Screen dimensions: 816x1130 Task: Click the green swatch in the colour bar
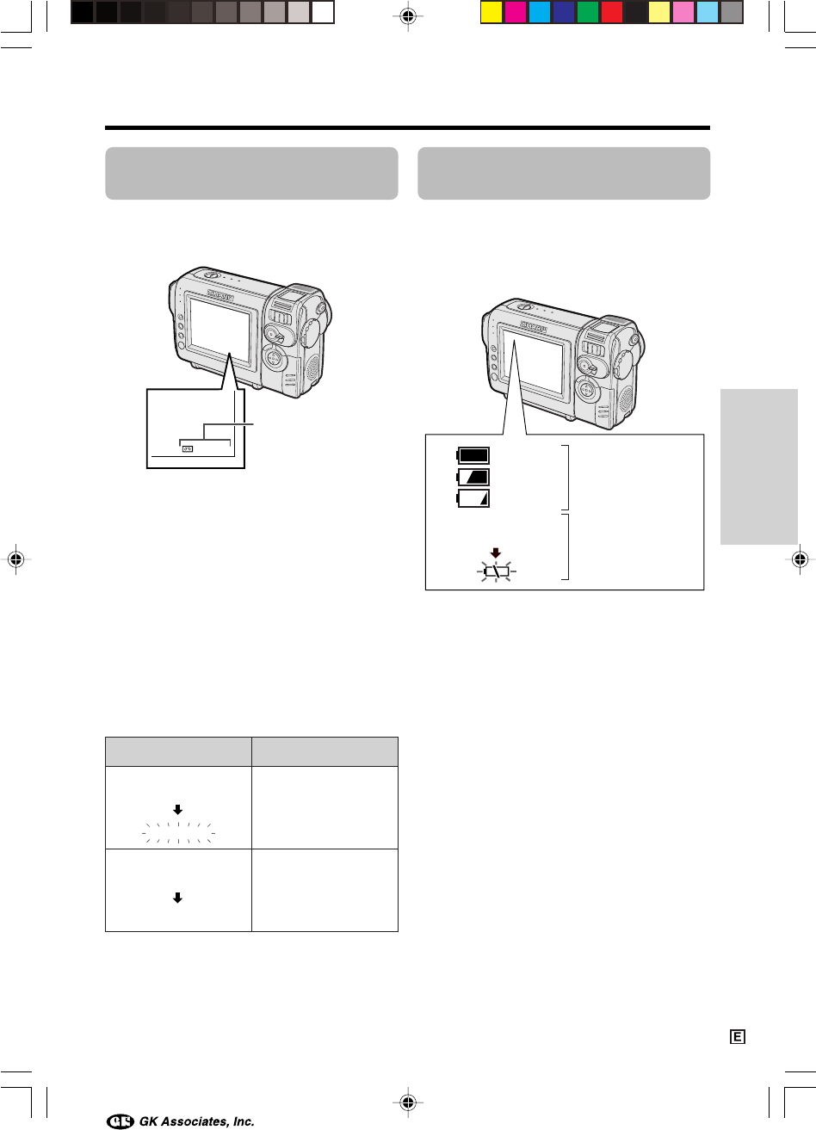pyautogui.click(x=587, y=12)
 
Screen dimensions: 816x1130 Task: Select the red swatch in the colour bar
pyautogui.click(x=612, y=12)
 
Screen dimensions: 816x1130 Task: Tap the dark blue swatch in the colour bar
pyautogui.click(x=564, y=12)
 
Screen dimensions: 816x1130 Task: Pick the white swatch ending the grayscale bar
pyautogui.click(x=323, y=12)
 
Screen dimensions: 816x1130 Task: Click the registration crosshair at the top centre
pyautogui.click(x=408, y=16)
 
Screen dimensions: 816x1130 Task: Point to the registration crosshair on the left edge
pyautogui.click(x=15, y=559)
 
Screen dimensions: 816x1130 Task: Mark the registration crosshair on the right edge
pyautogui.click(x=800, y=559)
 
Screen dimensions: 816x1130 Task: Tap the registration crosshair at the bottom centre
pyautogui.click(x=408, y=1102)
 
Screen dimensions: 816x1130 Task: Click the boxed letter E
pyautogui.click(x=738, y=1037)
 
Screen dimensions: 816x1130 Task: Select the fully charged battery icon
pyautogui.click(x=473, y=455)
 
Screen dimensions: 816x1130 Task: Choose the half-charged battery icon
pyautogui.click(x=473, y=477)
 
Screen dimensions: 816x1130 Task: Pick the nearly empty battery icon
pyautogui.click(x=473, y=498)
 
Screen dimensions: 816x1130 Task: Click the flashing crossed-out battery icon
pyautogui.click(x=497, y=571)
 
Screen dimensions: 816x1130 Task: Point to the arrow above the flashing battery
pyautogui.click(x=496, y=553)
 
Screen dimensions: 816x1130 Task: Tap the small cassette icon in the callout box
pyautogui.click(x=188, y=448)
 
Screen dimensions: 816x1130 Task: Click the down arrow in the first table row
pyautogui.click(x=177, y=810)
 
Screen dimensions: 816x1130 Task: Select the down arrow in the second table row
pyautogui.click(x=177, y=898)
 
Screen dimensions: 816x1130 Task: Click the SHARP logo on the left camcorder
pyautogui.click(x=220, y=296)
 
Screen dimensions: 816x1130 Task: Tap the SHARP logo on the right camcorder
pyautogui.click(x=534, y=326)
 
